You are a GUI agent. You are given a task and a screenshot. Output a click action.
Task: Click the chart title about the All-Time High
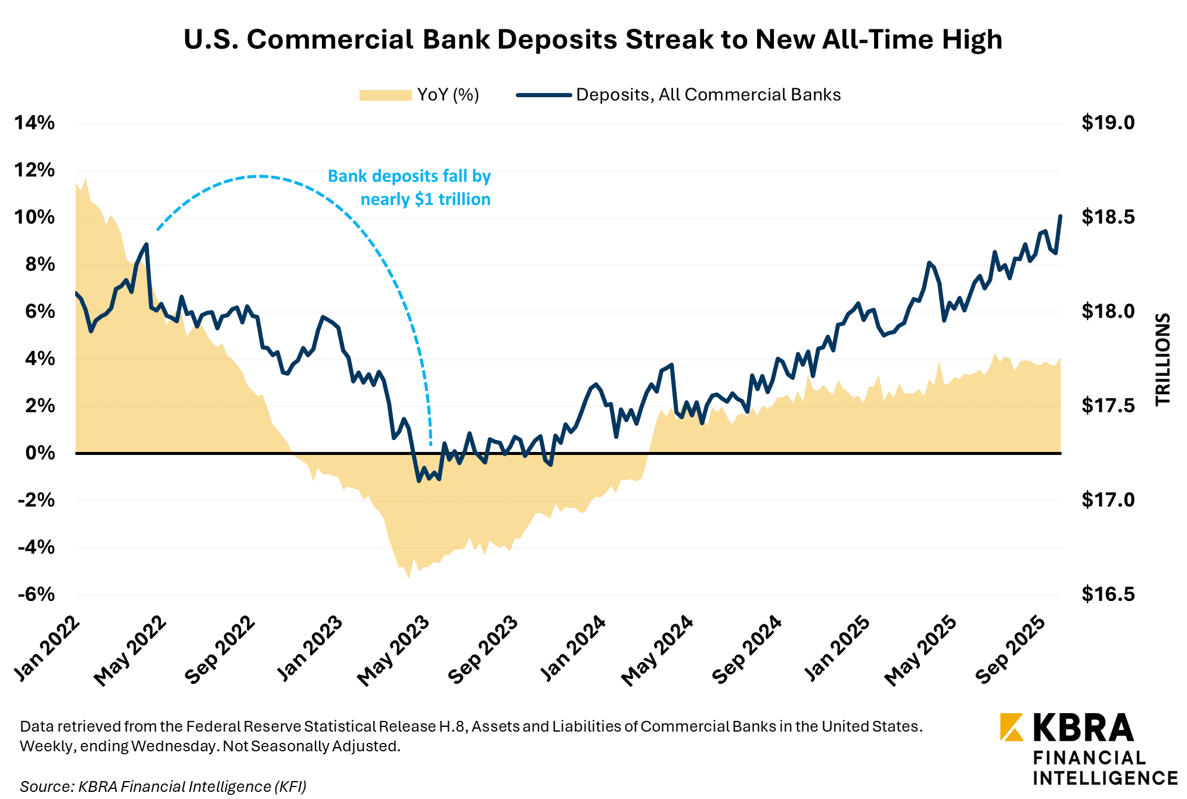click(x=593, y=39)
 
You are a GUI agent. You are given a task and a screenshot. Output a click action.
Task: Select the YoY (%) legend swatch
click(x=385, y=95)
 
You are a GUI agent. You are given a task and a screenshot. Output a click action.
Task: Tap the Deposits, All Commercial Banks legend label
click(x=708, y=95)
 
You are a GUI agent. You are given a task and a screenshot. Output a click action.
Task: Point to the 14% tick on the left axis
click(x=35, y=123)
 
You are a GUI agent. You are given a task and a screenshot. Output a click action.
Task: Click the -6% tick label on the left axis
click(x=36, y=594)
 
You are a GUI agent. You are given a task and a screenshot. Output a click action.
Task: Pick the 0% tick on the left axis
click(x=40, y=453)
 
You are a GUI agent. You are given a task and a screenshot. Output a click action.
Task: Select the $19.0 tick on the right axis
click(x=1108, y=123)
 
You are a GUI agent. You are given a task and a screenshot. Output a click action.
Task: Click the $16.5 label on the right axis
click(x=1108, y=594)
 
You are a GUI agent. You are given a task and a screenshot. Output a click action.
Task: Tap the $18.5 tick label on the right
click(x=1108, y=217)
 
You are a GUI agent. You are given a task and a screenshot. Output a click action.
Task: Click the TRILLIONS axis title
click(x=1163, y=360)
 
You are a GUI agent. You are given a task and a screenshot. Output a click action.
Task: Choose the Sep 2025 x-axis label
click(x=1011, y=650)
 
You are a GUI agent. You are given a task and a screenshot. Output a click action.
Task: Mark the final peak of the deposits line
click(x=1060, y=216)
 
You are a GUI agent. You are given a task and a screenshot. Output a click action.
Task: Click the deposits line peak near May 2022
click(x=146, y=244)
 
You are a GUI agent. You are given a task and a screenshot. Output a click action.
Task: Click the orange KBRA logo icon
click(x=1012, y=727)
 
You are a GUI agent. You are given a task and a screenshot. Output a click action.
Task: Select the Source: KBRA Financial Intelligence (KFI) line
click(x=163, y=786)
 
